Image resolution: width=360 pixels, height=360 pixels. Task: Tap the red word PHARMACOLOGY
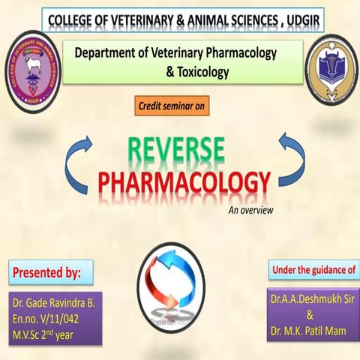point(184,182)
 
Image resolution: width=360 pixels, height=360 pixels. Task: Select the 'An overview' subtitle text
point(250,209)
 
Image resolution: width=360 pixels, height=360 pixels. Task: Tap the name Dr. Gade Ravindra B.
point(55,304)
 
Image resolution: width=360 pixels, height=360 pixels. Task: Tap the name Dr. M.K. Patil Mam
point(310,331)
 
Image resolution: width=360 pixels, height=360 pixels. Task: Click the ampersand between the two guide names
point(310,316)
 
